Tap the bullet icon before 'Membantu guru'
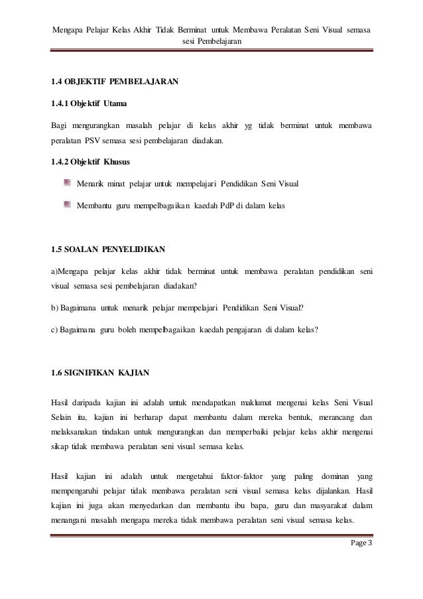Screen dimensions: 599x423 pos(68,206)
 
